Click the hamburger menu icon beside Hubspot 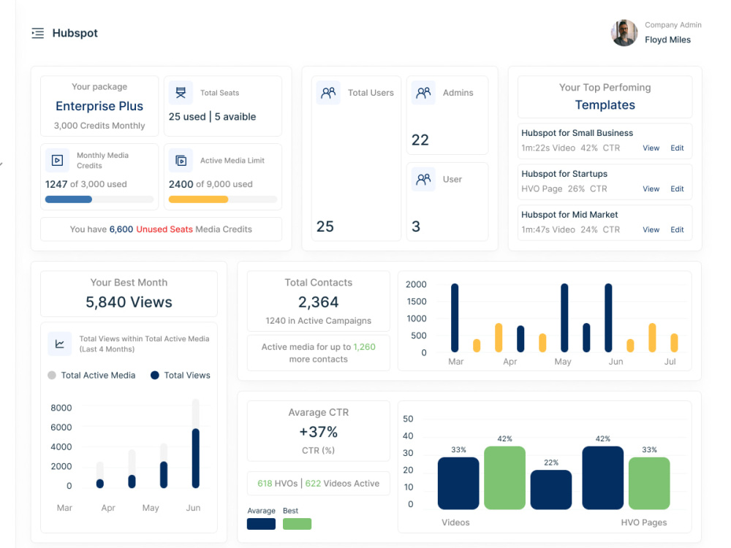pyautogui.click(x=38, y=33)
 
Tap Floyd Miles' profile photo pyautogui.click(x=624, y=33)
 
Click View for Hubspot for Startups pyautogui.click(x=651, y=189)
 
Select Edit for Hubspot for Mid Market pyautogui.click(x=677, y=229)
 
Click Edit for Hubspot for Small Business pyautogui.click(x=677, y=148)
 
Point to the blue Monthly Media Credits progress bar pyautogui.click(x=69, y=199)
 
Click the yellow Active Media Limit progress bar pyautogui.click(x=198, y=199)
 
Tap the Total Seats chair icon pyautogui.click(x=181, y=93)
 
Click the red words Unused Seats pyautogui.click(x=164, y=229)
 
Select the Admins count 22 pyautogui.click(x=420, y=140)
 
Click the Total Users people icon pyautogui.click(x=328, y=93)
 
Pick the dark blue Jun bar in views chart pyautogui.click(x=196, y=458)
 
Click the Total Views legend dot pyautogui.click(x=155, y=375)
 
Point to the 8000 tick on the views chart pyautogui.click(x=61, y=408)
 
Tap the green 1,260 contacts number pyautogui.click(x=364, y=346)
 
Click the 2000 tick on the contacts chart pyautogui.click(x=416, y=284)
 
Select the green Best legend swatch pyautogui.click(x=297, y=524)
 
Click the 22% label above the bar pyautogui.click(x=551, y=463)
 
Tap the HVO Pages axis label pyautogui.click(x=644, y=522)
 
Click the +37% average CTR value pyautogui.click(x=319, y=432)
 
